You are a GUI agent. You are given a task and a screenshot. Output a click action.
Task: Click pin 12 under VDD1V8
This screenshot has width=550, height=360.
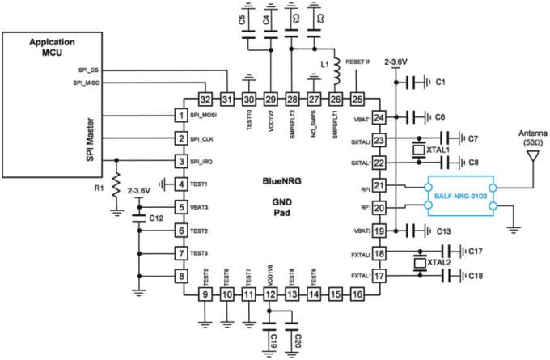[x=269, y=295]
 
